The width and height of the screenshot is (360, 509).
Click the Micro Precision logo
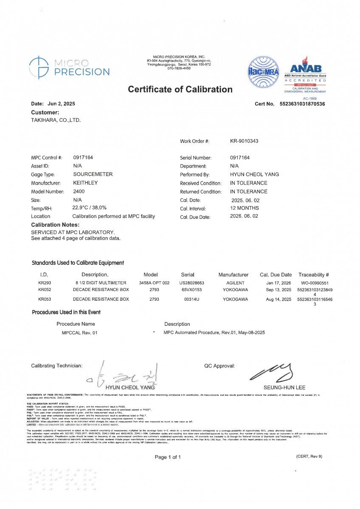[x=69, y=67]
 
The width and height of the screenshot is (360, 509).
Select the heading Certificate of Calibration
[x=180, y=89]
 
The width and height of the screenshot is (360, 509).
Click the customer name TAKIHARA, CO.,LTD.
[x=56, y=120]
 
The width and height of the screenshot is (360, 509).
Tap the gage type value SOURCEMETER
[x=93, y=174]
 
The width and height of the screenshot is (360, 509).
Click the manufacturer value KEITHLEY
[x=85, y=183]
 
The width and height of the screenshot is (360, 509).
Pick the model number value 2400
[x=79, y=191]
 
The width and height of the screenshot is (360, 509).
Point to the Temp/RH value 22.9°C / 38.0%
[x=89, y=208]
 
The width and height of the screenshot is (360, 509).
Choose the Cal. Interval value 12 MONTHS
[x=245, y=208]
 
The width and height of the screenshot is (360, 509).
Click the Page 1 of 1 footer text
[x=168, y=457]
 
